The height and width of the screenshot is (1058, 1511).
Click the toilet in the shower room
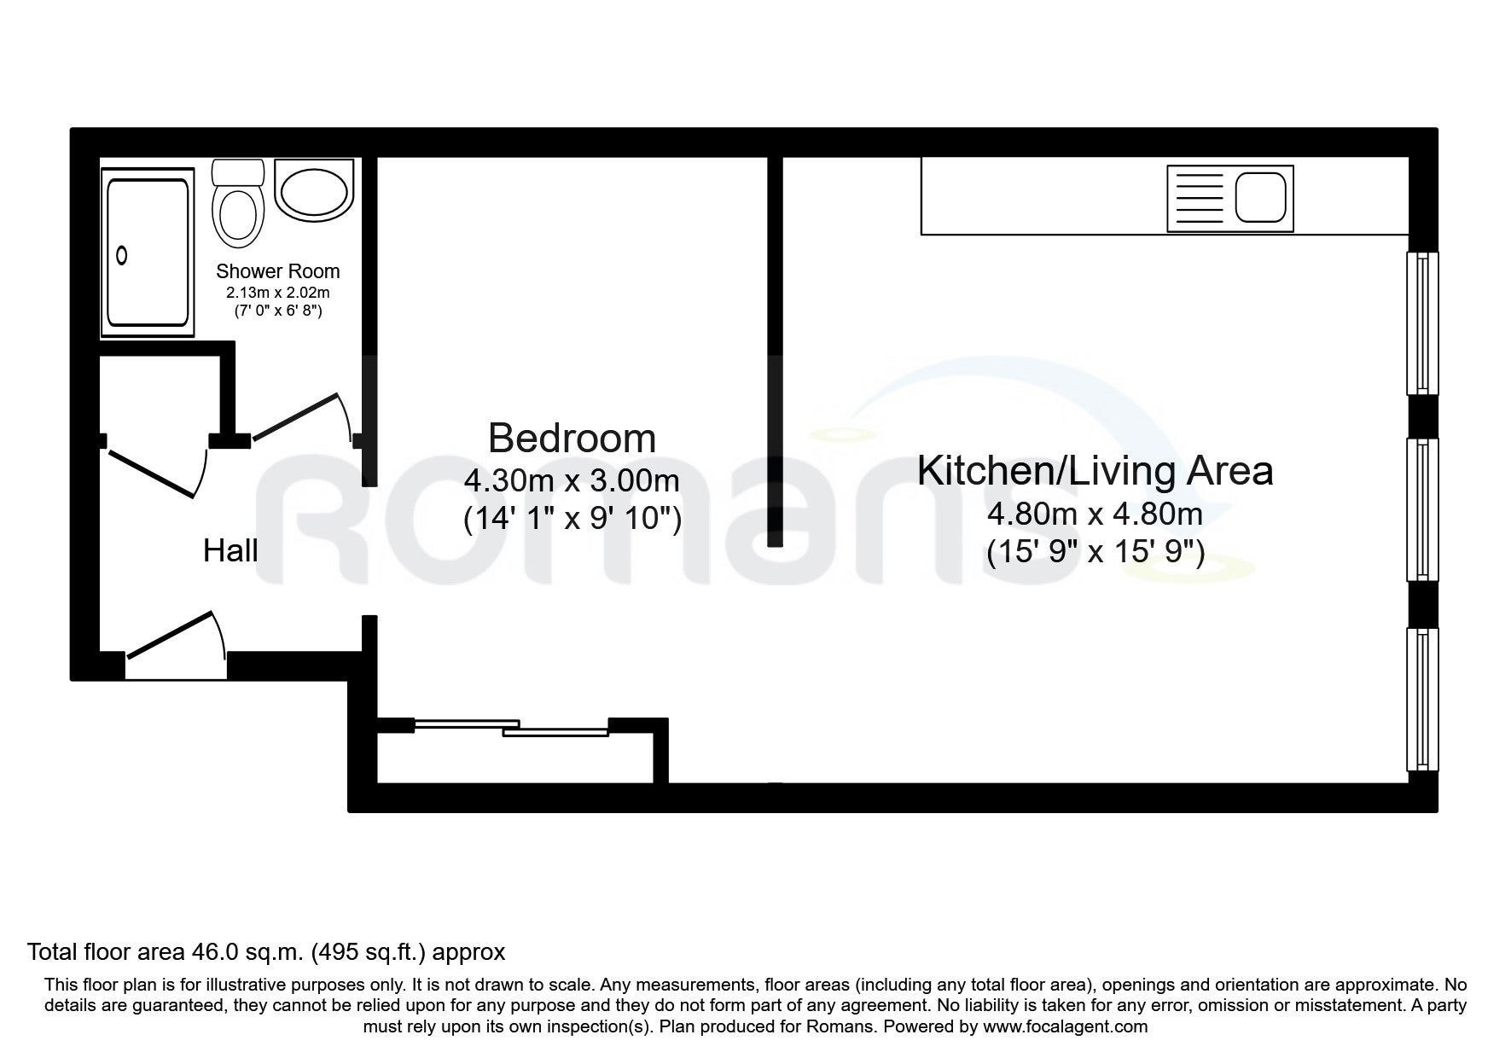tap(239, 202)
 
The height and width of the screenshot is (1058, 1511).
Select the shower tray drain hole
tap(122, 255)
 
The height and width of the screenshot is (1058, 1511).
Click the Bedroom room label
tap(572, 439)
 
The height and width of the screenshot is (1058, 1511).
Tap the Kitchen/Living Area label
tap(1095, 470)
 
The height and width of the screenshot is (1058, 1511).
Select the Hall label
tap(230, 550)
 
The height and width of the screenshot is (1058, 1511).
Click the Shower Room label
tap(278, 271)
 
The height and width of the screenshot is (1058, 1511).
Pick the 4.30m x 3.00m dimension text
tap(572, 480)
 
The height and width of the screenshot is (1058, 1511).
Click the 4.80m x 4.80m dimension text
tap(1095, 514)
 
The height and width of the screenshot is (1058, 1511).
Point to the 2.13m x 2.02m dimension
tap(278, 293)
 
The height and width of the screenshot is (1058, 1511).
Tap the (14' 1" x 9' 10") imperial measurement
tap(572, 518)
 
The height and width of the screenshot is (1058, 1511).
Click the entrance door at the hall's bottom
tap(176, 636)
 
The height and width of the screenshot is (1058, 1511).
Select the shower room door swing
tap(304, 418)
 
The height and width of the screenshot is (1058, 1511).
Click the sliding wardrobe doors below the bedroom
tap(511, 727)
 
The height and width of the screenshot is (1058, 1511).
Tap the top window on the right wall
tap(1422, 323)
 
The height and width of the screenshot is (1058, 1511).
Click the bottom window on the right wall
tap(1422, 699)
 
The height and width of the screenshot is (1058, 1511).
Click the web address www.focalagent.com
tap(1065, 1027)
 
